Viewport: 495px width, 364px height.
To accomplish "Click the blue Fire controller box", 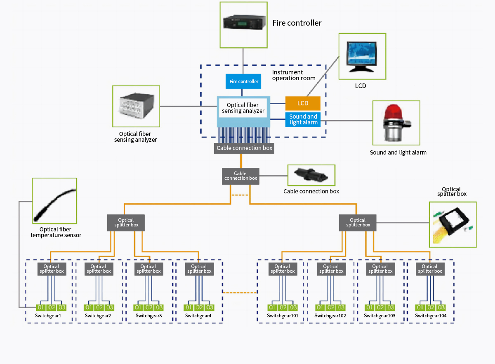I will pos(244,81).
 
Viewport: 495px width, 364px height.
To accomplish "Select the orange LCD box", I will pos(303,103).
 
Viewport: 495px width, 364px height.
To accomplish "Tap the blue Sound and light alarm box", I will pos(303,119).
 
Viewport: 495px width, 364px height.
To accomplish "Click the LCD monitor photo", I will pos(362,57).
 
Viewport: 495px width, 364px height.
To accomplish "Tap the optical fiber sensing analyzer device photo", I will pos(136,107).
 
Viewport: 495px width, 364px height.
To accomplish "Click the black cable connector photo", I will pos(311,175).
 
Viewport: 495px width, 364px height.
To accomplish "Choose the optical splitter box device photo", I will pos(453,225).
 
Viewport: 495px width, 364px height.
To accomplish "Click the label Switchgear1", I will pos(48,316).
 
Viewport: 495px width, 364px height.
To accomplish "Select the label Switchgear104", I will pos(431,316).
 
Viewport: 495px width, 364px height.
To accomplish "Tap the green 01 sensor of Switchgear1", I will pos(41,307).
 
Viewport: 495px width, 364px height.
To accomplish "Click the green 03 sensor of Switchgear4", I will pos(210,307).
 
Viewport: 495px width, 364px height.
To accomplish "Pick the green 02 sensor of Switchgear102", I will pos(330,307).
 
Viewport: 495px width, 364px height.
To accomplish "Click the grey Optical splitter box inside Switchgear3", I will pos(148,269).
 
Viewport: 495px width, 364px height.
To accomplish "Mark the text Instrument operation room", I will pos(294,75).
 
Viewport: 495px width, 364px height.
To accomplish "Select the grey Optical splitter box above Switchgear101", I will pos(283,269).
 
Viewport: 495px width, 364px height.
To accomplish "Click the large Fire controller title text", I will pos(297,23).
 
